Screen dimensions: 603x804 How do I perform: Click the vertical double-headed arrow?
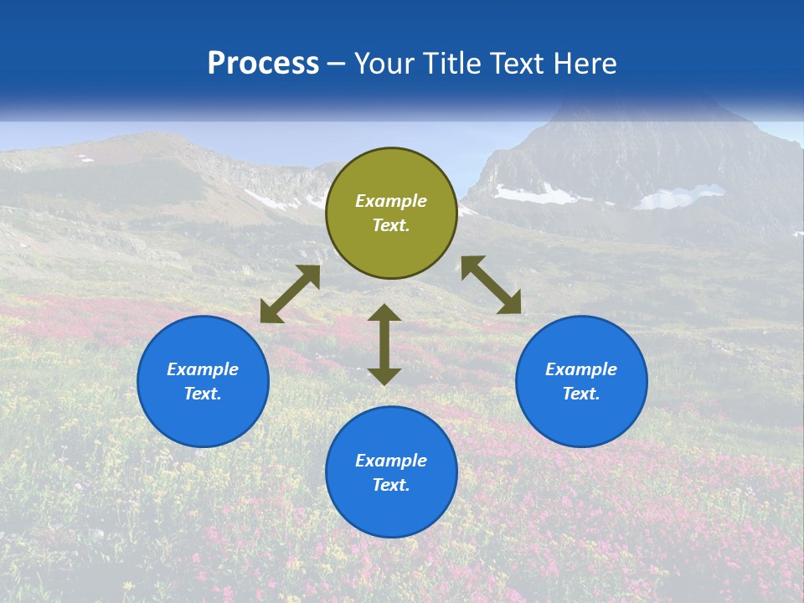[x=384, y=344]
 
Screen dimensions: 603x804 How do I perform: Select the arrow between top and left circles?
[x=290, y=294]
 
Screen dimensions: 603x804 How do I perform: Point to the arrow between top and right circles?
[x=492, y=285]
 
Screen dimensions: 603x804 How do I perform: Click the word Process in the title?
[x=263, y=64]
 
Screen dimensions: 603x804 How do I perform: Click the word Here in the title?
[x=585, y=64]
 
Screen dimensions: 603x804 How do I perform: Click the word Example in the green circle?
[x=391, y=201]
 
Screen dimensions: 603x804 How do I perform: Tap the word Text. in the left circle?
[x=203, y=394]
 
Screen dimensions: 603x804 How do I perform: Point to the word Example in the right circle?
[x=581, y=369]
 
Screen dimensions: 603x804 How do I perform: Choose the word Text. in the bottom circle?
[x=391, y=485]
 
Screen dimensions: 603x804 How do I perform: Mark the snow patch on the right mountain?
[x=536, y=195]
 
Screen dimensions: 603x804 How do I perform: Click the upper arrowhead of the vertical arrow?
[x=384, y=313]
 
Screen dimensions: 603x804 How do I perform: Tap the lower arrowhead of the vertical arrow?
[x=384, y=376]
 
